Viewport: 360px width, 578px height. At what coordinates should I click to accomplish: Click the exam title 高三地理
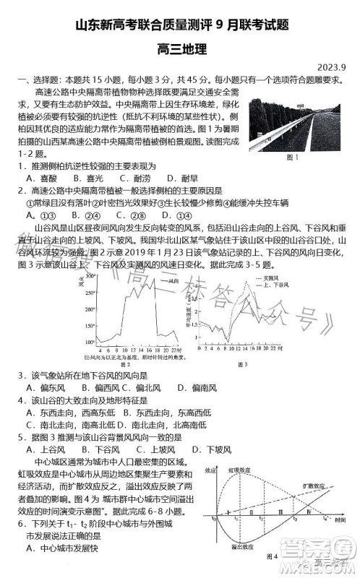pos(181,50)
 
